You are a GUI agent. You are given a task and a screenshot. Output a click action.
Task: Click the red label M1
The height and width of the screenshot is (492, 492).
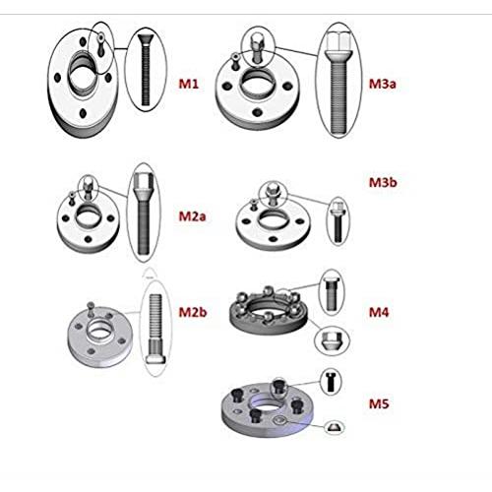[x=189, y=84]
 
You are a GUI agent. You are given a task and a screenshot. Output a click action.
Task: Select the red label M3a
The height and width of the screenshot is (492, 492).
[x=383, y=84]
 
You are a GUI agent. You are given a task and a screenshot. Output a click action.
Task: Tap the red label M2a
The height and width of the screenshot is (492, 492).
[x=192, y=216]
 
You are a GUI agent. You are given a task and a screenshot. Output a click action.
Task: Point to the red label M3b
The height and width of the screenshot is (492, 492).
[x=383, y=182]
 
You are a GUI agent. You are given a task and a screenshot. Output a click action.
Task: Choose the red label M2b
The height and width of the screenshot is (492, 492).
[x=193, y=312]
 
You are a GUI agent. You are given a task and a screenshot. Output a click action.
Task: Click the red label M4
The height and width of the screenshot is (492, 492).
[x=379, y=312]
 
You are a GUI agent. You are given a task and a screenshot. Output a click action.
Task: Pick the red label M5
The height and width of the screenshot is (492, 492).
[x=379, y=403]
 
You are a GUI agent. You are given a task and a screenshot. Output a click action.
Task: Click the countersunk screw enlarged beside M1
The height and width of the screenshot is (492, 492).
[x=146, y=70]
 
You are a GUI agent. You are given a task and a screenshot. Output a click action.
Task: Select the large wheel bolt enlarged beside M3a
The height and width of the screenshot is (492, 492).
[x=338, y=82]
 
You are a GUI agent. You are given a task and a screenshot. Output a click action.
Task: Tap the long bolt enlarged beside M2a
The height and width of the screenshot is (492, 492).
[x=143, y=214]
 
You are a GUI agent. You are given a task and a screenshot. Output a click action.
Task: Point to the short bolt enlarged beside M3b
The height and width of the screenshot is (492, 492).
[x=338, y=221]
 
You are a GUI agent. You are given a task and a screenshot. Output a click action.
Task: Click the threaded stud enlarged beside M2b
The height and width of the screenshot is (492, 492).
[x=155, y=329]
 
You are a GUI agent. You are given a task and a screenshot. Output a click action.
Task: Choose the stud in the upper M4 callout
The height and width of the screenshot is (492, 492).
[x=332, y=293]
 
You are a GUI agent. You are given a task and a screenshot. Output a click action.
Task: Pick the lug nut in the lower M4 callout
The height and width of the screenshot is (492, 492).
[x=332, y=340]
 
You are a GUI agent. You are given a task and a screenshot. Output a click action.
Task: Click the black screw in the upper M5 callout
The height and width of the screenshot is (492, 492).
[x=331, y=382]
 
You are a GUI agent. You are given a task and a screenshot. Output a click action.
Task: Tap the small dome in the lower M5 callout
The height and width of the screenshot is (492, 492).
[x=335, y=427]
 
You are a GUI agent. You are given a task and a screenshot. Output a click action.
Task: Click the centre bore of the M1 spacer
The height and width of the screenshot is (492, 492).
[x=84, y=77]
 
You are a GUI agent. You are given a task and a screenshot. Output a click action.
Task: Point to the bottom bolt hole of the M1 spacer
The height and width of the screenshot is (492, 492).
[x=83, y=113]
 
